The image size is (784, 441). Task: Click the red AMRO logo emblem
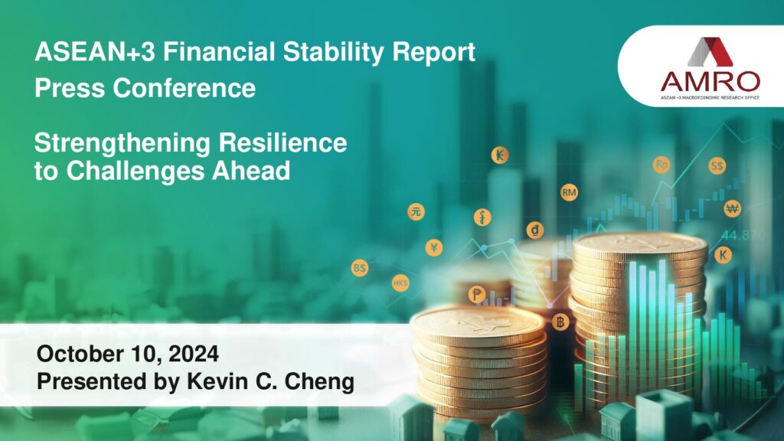[710, 52]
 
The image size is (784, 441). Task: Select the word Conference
[185, 88]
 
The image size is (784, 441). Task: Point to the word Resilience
[283, 142]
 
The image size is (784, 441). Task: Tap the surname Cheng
[319, 381]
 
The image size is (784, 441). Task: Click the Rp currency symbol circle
[661, 165]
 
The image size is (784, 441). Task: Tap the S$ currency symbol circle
[717, 166]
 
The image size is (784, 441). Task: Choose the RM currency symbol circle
[569, 192]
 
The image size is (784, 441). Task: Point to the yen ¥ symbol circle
[434, 247]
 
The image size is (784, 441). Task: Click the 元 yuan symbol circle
[416, 212]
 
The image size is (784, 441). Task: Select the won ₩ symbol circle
[733, 208]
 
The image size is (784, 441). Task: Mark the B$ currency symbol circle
[360, 268]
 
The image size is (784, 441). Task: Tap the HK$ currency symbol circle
[400, 283]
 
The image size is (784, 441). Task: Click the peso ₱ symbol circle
[476, 295]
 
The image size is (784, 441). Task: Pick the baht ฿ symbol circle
[560, 322]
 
